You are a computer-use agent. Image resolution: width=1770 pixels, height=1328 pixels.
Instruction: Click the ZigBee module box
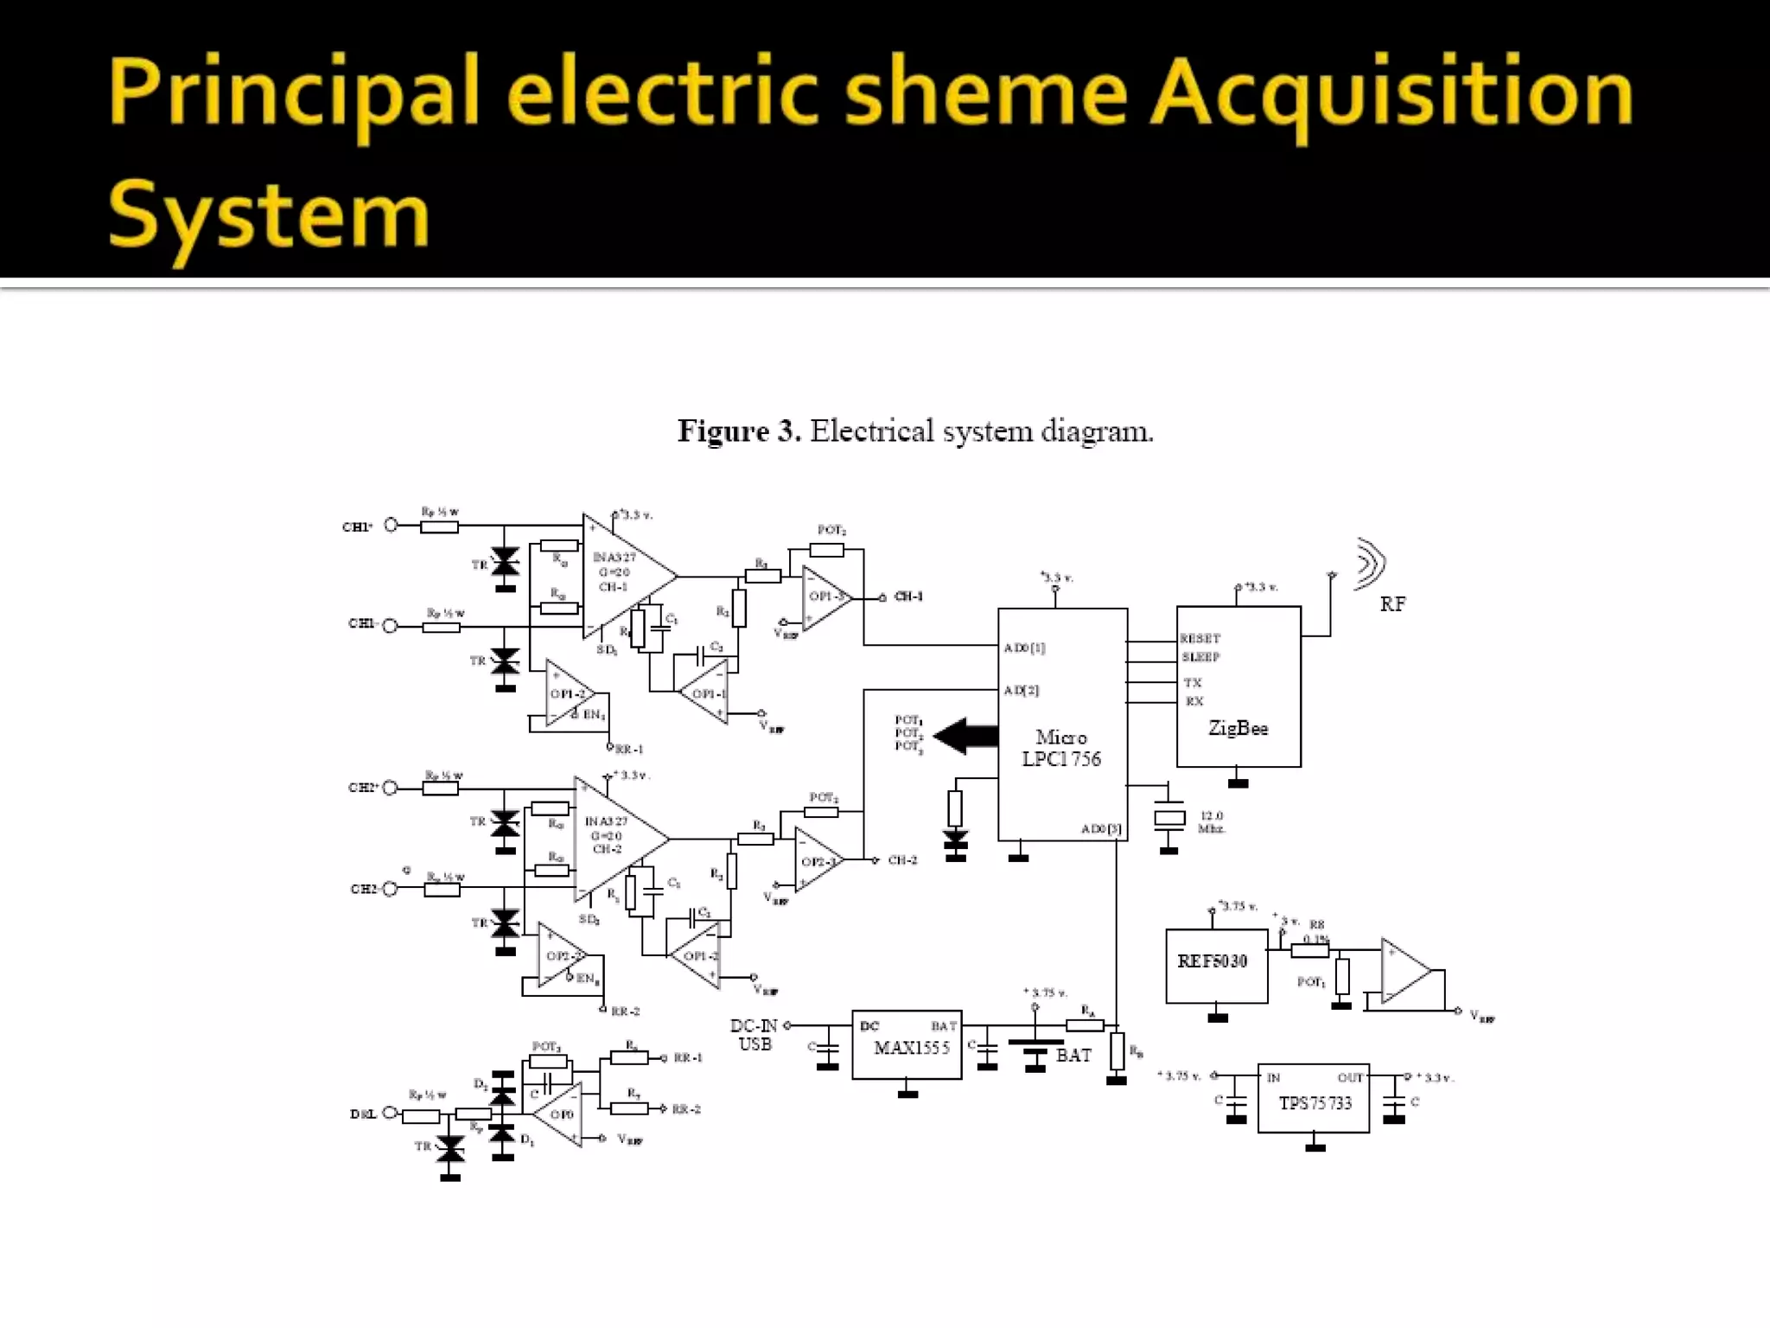click(x=1238, y=686)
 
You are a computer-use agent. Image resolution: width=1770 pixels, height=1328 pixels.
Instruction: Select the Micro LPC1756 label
click(x=1061, y=749)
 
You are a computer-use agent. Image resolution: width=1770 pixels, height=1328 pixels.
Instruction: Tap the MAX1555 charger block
click(x=907, y=1045)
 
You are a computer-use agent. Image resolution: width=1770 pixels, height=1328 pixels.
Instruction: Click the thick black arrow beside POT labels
click(x=966, y=736)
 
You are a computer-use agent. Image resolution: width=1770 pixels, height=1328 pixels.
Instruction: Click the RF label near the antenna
click(x=1392, y=604)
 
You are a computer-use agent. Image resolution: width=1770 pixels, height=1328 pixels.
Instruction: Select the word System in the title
click(x=269, y=216)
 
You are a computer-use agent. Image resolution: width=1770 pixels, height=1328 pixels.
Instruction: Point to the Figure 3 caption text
click(x=915, y=431)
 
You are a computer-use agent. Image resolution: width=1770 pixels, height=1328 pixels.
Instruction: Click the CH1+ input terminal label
click(x=357, y=527)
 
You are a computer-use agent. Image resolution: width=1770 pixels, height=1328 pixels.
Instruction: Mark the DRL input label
click(x=363, y=1114)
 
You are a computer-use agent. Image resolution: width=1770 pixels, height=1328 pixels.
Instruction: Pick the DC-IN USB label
click(x=754, y=1035)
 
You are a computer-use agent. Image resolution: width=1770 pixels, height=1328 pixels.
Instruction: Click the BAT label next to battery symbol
click(x=1073, y=1056)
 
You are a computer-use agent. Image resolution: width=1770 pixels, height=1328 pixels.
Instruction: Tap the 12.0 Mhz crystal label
click(x=1212, y=822)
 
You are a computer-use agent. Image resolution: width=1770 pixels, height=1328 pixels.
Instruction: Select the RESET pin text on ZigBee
click(x=1200, y=639)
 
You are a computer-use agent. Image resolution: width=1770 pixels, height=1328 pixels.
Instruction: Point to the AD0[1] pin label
click(x=1025, y=648)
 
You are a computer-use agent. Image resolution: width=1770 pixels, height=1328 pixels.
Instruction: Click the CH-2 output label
click(x=902, y=860)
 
